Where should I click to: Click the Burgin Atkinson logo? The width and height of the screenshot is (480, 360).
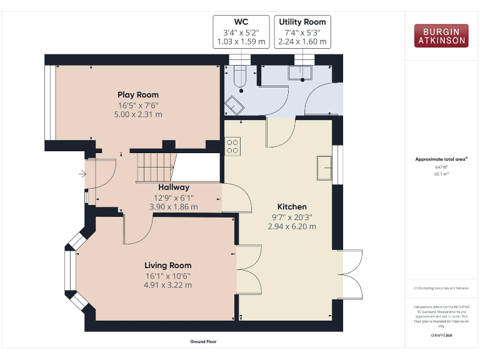click(x=440, y=36)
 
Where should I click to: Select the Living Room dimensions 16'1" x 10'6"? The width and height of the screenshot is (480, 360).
click(x=167, y=275)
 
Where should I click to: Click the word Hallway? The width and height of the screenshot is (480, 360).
click(x=173, y=187)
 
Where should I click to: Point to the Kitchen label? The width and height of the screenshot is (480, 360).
click(x=292, y=207)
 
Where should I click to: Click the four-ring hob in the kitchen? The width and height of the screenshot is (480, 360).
click(x=233, y=146)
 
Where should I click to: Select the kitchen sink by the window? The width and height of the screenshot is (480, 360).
click(x=324, y=167)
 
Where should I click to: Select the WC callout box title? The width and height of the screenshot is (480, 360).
click(x=241, y=21)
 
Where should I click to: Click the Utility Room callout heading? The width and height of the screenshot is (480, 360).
click(x=302, y=21)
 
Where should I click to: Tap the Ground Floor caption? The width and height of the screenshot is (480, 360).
click(x=203, y=342)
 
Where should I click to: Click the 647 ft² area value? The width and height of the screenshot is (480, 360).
click(x=441, y=167)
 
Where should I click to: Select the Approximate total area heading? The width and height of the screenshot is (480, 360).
click(x=441, y=159)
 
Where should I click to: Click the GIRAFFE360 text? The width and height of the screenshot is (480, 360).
click(x=441, y=336)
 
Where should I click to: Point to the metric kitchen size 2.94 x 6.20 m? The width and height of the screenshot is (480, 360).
click(x=292, y=226)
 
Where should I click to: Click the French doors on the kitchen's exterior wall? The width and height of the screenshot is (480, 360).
click(x=352, y=274)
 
